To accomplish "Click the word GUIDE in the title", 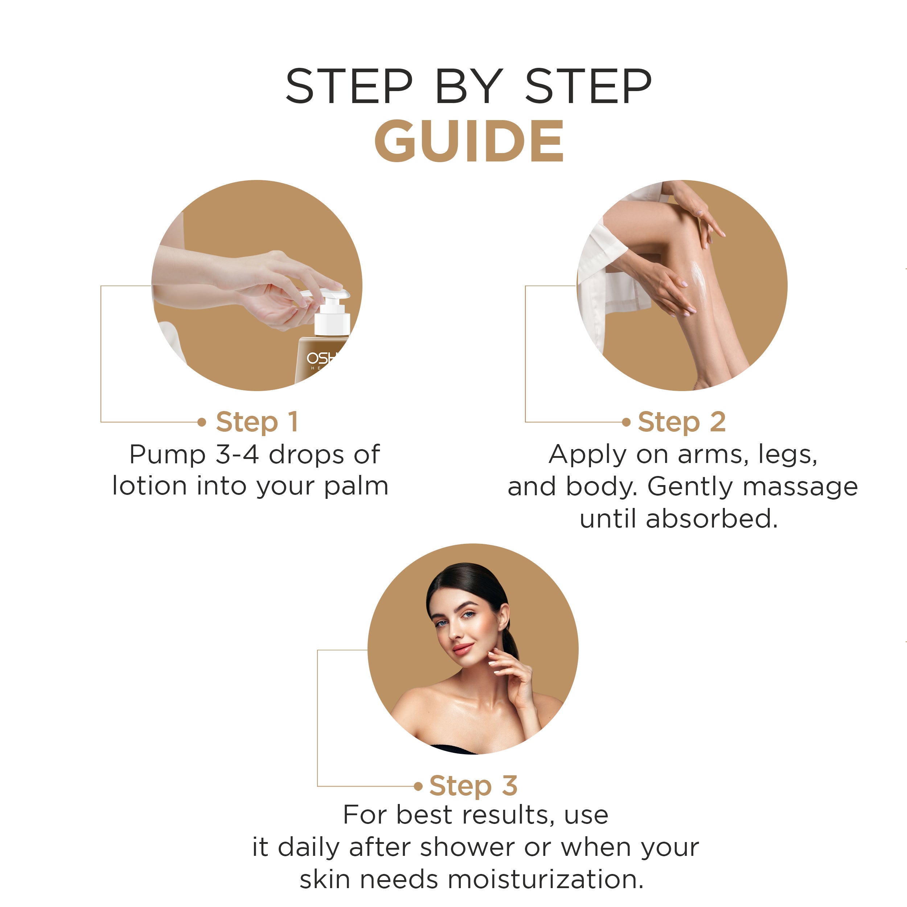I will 468,141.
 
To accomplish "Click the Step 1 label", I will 257,422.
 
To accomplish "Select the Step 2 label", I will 682,422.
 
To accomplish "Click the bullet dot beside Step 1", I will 202,422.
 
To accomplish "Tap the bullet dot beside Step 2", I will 626,422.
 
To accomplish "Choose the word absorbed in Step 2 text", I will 711,519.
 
